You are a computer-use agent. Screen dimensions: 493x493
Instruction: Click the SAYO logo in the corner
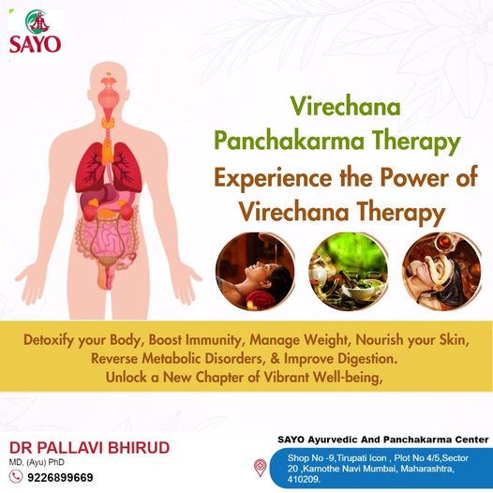coord(35,32)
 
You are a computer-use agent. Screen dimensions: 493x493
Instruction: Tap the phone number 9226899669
coord(60,478)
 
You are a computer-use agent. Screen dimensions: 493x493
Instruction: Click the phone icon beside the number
coord(15,477)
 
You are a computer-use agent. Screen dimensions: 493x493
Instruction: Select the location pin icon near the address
coord(260,468)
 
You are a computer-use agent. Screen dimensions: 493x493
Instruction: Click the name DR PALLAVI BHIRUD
coord(90,448)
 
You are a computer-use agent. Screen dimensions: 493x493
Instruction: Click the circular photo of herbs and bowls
coord(349,272)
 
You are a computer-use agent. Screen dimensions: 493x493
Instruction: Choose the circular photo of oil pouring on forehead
coord(255,272)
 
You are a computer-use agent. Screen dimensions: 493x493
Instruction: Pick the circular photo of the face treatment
coord(441,272)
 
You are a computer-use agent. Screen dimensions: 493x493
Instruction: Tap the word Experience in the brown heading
coord(273,178)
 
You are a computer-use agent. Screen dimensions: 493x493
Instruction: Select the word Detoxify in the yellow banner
coord(49,340)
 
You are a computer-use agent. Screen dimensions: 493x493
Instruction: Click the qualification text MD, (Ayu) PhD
coord(37,462)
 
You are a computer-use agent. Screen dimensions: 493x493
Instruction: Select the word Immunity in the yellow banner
coord(213,340)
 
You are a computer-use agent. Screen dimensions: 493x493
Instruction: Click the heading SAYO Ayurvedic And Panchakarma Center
coord(383,440)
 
